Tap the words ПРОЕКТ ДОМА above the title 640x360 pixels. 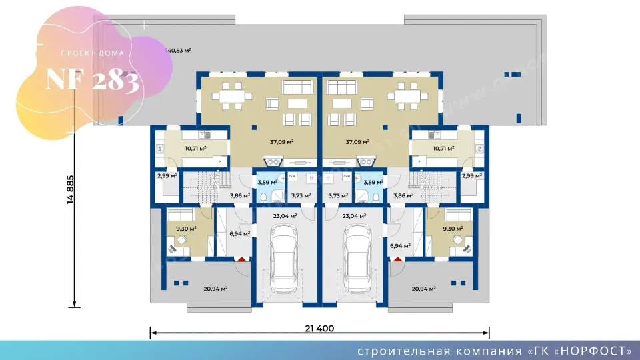pos(92,53)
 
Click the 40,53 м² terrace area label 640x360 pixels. pos(179,50)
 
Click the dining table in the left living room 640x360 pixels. pos(231,96)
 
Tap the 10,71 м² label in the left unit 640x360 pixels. pos(177,149)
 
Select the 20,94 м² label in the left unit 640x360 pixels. pos(215,289)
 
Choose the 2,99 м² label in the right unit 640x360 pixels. pos(472,176)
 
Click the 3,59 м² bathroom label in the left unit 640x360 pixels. pos(268,181)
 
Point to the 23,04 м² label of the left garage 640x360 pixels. pos(285,216)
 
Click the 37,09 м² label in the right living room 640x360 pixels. pos(357,142)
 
